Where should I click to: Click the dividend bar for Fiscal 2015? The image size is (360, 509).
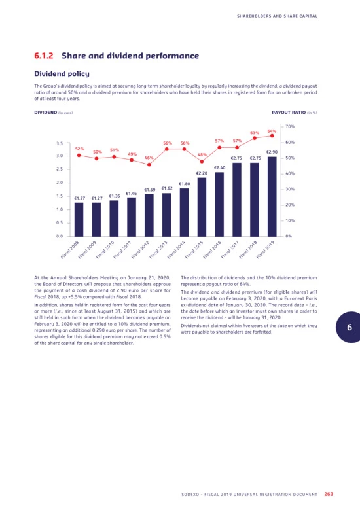(202, 207)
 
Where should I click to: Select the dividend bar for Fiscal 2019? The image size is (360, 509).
(272, 197)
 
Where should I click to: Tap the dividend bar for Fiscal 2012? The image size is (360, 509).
(149, 215)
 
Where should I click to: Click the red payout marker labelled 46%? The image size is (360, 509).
(149, 165)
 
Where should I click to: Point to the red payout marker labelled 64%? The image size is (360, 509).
(272, 135)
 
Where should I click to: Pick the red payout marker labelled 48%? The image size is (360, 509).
(202, 162)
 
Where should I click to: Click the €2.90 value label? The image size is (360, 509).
(272, 152)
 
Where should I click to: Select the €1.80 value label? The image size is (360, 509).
(185, 184)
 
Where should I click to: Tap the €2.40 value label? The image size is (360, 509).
(220, 168)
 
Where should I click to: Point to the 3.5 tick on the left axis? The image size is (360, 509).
(60, 143)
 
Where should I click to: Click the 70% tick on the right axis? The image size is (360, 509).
(290, 126)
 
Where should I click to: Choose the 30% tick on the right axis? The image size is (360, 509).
(290, 189)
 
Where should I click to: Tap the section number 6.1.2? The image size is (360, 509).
(44, 56)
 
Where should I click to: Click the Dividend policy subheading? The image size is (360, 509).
(62, 74)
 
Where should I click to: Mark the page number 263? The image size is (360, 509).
(329, 494)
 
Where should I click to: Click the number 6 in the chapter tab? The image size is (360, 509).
(350, 327)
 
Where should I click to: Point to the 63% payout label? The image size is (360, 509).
(255, 133)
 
